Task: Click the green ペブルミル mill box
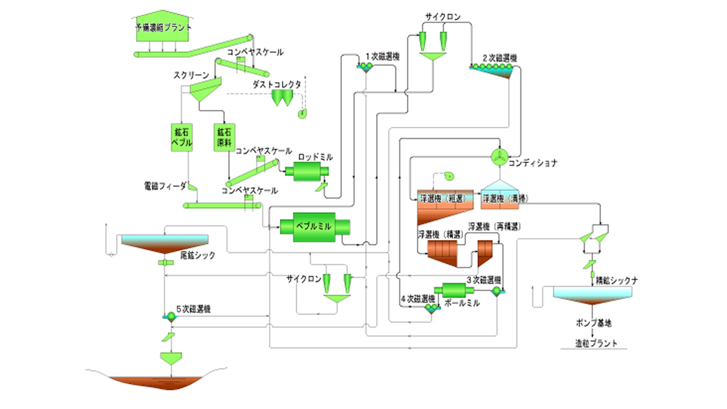coord(314,227)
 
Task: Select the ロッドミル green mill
coord(307,171)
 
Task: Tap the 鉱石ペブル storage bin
coord(181,138)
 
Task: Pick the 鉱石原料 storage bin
coord(224,138)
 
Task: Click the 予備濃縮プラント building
coord(163,28)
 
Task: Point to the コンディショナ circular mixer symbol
coord(499,157)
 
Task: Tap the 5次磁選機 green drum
coord(171,316)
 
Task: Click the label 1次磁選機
coord(382,57)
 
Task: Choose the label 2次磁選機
coord(500,58)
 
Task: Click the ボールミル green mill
coord(454,290)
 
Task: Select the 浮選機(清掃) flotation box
coord(500,199)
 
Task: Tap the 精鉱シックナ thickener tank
coord(593,295)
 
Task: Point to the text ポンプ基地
coord(593,323)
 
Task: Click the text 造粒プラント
coord(596,343)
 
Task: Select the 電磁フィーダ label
coord(165,186)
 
